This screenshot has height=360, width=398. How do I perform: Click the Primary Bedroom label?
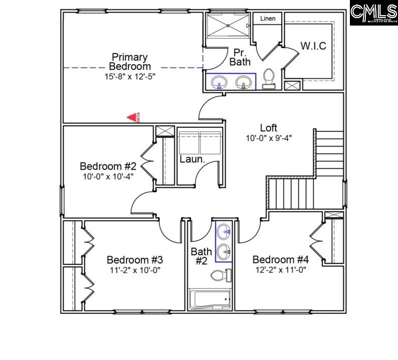pos(130,62)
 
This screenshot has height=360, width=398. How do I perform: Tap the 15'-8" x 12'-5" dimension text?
pos(130,77)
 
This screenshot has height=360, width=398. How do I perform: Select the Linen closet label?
pos(268,19)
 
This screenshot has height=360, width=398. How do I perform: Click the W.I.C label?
pos(313,46)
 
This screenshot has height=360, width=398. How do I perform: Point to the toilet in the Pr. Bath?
pos(269,79)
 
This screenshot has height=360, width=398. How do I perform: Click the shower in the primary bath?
pos(229,25)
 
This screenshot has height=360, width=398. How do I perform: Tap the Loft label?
pos(268,128)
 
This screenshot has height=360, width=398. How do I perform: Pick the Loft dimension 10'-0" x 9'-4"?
pos(269,138)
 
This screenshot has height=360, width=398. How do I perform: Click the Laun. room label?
pos(192,159)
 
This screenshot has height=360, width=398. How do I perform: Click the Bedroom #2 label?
pos(108,166)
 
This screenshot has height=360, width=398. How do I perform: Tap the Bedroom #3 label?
pos(135,260)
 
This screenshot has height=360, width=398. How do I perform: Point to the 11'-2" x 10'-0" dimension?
pos(135,270)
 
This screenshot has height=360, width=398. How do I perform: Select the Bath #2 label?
pos(202,256)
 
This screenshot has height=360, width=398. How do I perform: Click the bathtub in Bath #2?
pos(210,299)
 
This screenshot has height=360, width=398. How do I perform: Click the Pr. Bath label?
pos(240,57)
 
